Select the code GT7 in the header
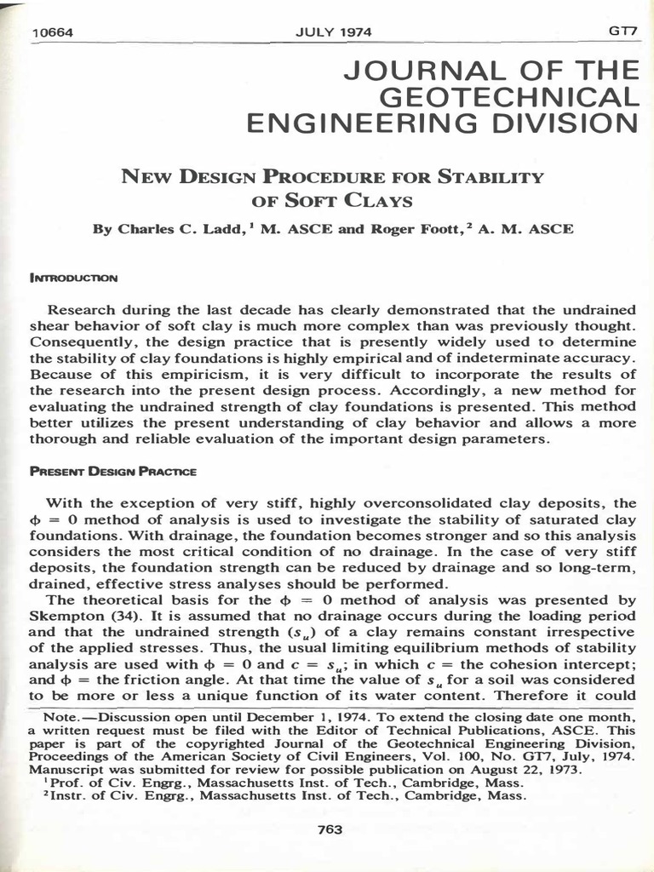click(622, 31)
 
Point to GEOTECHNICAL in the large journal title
click(508, 97)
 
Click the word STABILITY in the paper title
click(489, 177)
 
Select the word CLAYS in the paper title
click(376, 202)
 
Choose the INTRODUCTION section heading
click(74, 278)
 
